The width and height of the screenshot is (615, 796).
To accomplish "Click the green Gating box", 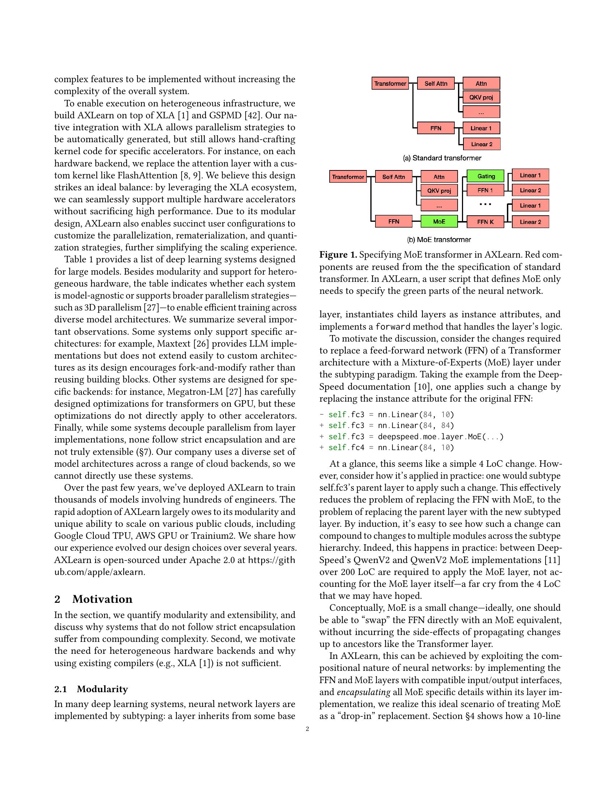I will (485, 176).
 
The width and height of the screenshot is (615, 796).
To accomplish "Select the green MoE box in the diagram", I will (439, 221).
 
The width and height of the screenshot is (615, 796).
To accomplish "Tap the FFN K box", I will (485, 221).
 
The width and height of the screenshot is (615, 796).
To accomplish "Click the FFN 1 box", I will (485, 190).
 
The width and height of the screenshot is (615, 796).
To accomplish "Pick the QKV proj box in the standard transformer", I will (481, 97).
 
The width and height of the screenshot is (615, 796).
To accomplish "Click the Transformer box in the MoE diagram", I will (348, 177).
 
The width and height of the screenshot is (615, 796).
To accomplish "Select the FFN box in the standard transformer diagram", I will (436, 128).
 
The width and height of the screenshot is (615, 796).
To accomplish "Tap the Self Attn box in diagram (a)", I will (436, 84).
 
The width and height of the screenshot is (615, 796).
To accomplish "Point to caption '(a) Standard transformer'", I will (442, 158).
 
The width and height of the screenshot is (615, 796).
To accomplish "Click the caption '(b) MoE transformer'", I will (439, 240).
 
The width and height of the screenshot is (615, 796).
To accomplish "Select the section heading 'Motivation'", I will (102, 599).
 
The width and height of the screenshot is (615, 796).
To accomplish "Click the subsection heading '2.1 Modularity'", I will (91, 689).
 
